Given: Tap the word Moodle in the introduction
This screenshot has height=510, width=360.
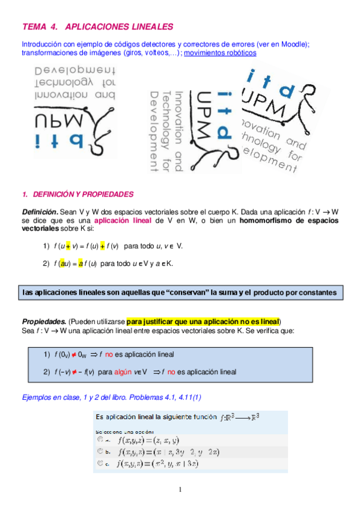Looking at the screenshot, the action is tap(296, 45).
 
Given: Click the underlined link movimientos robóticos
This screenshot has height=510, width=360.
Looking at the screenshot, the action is tap(220, 52).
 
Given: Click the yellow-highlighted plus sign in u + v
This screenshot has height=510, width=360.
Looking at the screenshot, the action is tap(69, 246).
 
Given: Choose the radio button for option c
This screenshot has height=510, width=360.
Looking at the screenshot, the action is tap(100, 463).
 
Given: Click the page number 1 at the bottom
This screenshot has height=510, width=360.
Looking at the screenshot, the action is tap(180, 489).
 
